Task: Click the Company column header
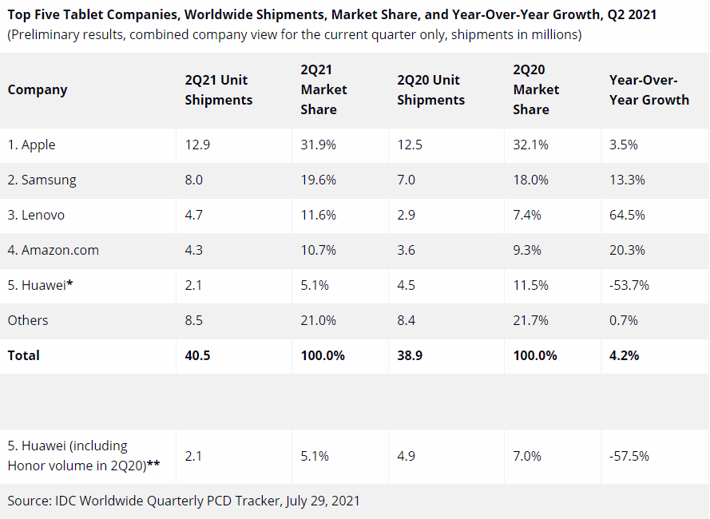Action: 37,89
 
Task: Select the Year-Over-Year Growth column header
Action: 649,89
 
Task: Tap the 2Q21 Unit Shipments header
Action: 218,89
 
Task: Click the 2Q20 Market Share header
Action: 536,89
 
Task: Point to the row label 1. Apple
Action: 31,145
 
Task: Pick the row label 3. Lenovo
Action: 36,215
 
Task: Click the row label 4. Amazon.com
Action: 53,250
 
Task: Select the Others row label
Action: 28,320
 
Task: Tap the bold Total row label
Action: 23,355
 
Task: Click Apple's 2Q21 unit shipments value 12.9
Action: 197,145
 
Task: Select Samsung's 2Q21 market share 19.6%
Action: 319,180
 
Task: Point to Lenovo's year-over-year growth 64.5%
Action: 627,215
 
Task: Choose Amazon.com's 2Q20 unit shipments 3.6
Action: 406,250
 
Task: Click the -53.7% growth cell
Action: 629,285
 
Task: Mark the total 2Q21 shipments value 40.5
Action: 197,355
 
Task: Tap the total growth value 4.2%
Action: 624,355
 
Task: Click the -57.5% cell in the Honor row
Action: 629,456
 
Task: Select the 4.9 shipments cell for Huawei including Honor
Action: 406,456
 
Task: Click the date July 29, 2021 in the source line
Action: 323,501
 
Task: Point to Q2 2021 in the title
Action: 632,14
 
